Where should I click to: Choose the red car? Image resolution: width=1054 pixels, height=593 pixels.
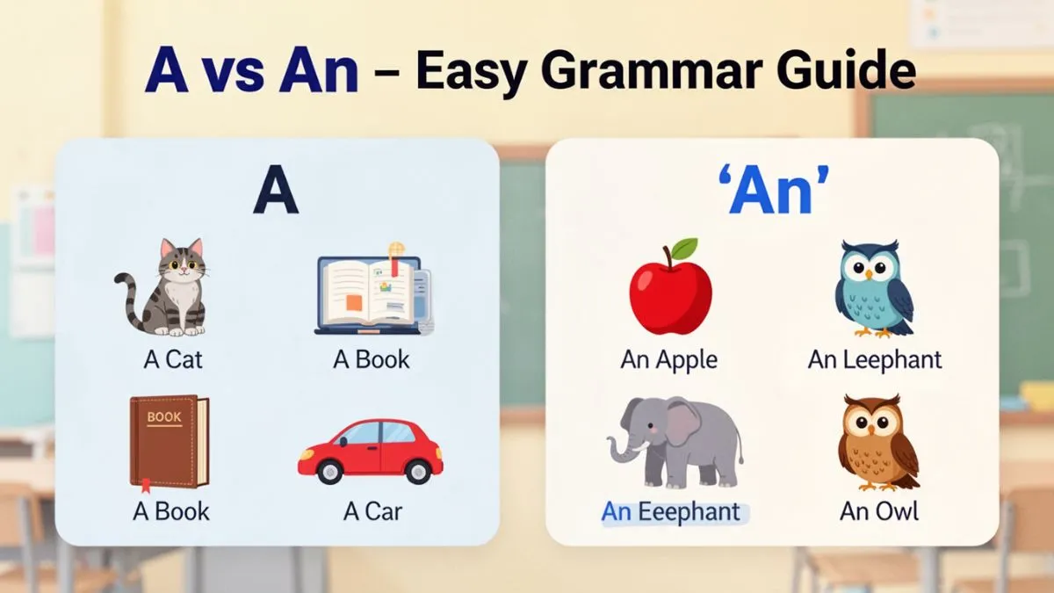coord(370,451)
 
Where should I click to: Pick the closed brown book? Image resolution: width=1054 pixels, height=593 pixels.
coord(170,442)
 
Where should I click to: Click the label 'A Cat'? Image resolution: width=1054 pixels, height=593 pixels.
coord(173,359)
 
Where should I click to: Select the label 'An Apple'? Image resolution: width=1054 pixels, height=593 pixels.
coord(669,359)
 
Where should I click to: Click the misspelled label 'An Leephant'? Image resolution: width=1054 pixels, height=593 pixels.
coord(875,359)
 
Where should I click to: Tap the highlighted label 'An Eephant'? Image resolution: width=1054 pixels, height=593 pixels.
coord(672,512)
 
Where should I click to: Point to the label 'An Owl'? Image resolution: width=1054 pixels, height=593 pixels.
coord(879,512)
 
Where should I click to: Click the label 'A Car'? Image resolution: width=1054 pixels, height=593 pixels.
coord(373,512)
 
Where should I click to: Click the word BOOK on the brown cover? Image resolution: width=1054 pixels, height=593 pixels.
coord(164,417)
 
